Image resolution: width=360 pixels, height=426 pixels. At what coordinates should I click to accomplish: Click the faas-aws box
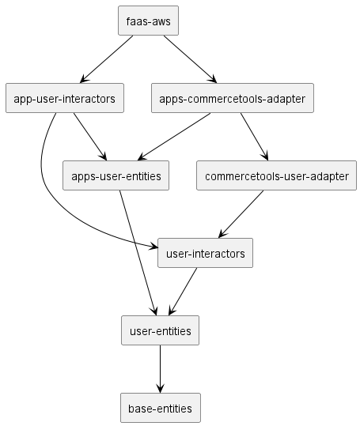[x=148, y=21]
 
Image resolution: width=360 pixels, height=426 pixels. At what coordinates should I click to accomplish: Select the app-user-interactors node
[x=65, y=98]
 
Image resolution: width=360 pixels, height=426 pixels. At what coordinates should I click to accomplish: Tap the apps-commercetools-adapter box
[x=233, y=98]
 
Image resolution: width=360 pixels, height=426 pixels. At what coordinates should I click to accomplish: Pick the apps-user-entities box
[x=116, y=175]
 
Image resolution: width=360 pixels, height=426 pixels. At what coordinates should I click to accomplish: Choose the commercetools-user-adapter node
[x=276, y=175]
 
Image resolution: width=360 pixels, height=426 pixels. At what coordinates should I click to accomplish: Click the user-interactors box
[x=205, y=253]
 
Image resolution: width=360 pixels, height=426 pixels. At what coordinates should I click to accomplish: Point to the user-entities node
[x=160, y=330]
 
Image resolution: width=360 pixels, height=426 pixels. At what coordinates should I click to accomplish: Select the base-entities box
[x=161, y=408]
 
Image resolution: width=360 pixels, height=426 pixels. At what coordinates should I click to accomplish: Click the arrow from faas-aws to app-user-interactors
[x=107, y=59]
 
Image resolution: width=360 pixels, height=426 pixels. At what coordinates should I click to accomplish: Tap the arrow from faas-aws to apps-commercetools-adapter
[x=190, y=59]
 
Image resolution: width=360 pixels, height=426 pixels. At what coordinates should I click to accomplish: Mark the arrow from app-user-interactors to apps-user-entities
[x=90, y=137]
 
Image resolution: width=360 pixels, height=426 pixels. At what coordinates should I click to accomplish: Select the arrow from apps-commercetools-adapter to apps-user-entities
[x=174, y=137]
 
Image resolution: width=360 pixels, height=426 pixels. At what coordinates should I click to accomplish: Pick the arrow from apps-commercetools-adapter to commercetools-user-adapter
[x=254, y=137]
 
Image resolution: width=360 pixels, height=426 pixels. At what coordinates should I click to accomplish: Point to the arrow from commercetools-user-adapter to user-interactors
[x=241, y=214]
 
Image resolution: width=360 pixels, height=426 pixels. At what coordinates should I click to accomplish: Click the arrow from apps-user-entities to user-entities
[x=138, y=253]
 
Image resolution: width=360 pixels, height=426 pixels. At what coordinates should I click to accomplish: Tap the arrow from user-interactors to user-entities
[x=183, y=292]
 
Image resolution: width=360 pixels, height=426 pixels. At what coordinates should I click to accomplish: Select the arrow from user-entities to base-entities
[x=160, y=369]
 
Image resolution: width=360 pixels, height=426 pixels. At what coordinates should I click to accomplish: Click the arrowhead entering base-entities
[x=160, y=389]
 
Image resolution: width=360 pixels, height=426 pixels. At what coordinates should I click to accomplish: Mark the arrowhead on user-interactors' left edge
[x=153, y=247]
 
